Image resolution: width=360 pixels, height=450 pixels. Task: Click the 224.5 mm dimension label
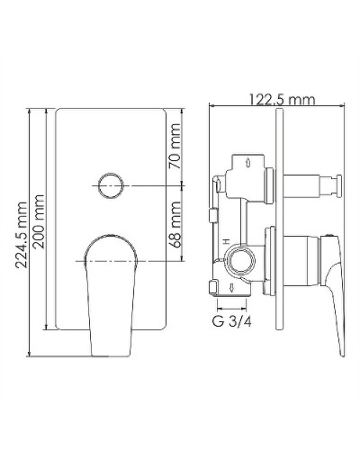pos(22,235)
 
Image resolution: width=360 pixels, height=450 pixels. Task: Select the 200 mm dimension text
pos(39,221)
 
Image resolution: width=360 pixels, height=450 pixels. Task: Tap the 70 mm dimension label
pos(175,146)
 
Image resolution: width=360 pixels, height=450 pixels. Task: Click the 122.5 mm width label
pos(283,100)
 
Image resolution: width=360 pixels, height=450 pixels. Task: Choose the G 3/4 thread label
pos(232,321)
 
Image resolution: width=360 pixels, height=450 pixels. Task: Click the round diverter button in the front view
pos(111,185)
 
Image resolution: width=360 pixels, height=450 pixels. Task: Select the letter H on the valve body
pos(226,241)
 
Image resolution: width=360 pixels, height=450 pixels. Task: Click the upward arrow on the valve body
pos(247,163)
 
